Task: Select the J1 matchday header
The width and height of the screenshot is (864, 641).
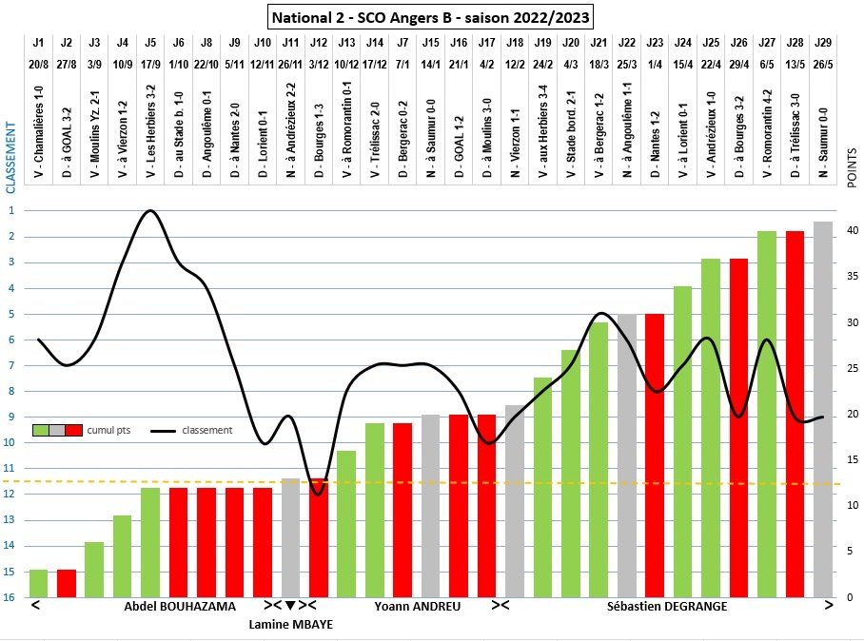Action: coord(38,43)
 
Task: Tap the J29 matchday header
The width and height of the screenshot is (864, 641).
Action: coord(823,43)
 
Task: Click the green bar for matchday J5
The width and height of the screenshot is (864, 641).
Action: coord(150,542)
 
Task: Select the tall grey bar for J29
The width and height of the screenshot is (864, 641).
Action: coord(823,409)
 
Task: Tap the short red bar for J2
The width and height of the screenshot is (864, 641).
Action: coord(66,583)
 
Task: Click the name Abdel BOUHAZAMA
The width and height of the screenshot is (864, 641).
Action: coord(180,606)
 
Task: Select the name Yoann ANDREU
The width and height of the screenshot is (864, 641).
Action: coord(411,606)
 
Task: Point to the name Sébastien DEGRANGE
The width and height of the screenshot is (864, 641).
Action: coord(667,606)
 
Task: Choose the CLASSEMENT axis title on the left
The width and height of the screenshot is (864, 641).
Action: coord(10,157)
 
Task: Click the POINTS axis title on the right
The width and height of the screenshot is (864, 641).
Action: coord(852,167)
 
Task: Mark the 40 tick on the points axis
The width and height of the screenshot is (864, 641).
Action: coord(854,230)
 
